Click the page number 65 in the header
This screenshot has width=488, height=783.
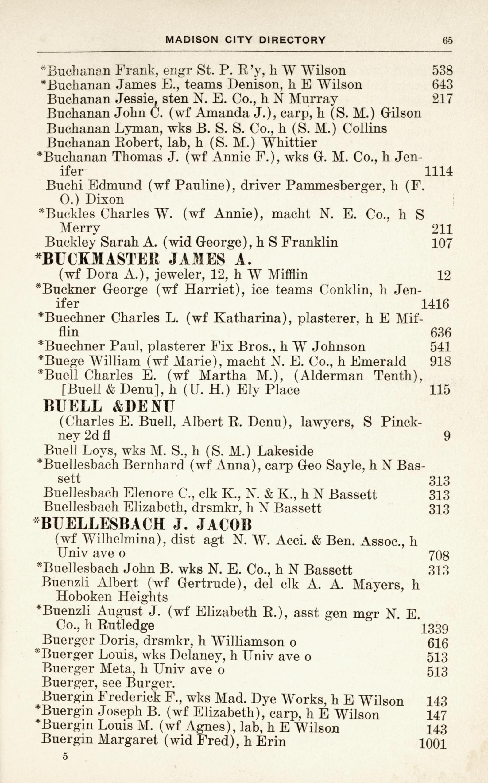tap(448, 40)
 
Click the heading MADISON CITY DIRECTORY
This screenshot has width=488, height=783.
tap(245, 40)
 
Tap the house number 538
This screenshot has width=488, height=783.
tap(442, 71)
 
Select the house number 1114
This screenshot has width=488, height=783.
tap(439, 171)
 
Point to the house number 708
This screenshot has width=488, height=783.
tap(439, 556)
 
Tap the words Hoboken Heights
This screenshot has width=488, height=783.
tap(112, 597)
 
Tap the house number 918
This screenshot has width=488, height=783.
tap(440, 361)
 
